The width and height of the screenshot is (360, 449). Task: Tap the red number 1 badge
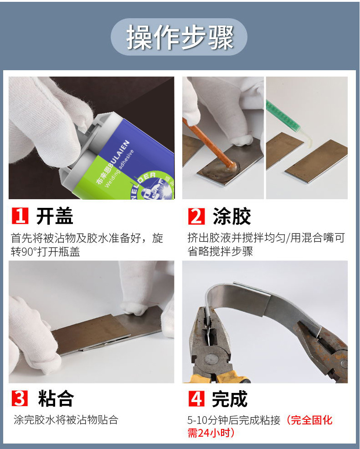[20, 216]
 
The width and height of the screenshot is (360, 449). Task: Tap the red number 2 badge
[196, 216]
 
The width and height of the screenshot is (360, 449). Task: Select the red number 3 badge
[20, 398]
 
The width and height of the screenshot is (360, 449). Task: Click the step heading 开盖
[55, 217]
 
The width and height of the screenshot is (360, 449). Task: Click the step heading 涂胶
[232, 217]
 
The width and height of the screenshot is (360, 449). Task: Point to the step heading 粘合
[56, 398]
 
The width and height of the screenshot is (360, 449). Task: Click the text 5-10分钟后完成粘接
[235, 420]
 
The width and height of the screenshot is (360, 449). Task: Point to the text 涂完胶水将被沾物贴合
[66, 420]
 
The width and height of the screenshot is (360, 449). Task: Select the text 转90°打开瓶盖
[45, 252]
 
